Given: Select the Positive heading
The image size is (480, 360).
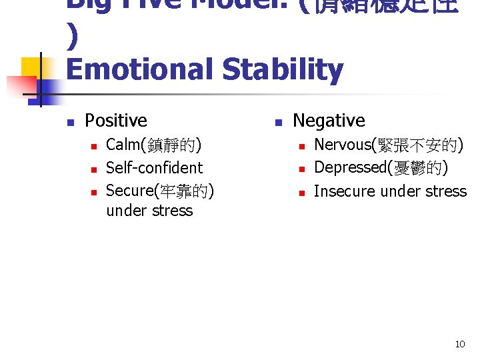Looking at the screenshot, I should pos(116,121).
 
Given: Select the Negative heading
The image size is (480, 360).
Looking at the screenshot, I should pos(329,121).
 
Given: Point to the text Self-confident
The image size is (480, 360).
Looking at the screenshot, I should pos(154,167).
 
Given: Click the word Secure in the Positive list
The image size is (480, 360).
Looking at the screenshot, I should pos(129,191).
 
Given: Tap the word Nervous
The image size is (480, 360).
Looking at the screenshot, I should pos(342,144).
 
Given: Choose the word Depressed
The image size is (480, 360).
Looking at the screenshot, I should pos(349,167).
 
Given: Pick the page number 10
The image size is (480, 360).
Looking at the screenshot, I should pos(459,344).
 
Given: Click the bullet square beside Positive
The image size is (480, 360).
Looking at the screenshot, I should pos(69,122).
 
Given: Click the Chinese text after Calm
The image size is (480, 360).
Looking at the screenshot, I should pos(177,145).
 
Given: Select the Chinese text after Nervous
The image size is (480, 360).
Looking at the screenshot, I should pos(417,144).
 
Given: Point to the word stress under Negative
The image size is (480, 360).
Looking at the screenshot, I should pos(447,191).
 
